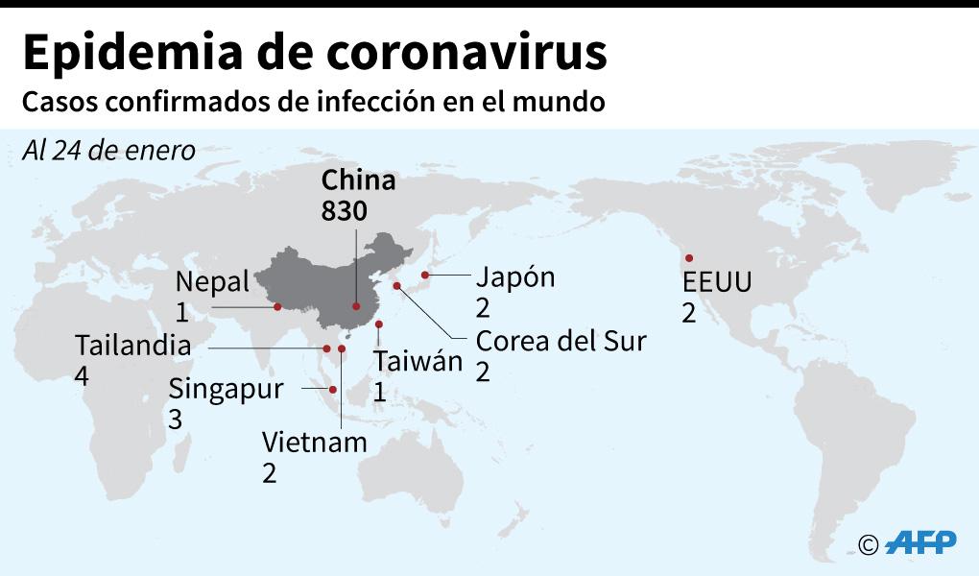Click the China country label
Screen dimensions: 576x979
click(358, 181)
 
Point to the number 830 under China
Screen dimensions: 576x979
click(344, 210)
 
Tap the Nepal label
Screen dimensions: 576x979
click(212, 282)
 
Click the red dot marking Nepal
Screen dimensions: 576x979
click(276, 307)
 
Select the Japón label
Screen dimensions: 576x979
click(515, 277)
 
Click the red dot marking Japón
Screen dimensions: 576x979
click(425, 276)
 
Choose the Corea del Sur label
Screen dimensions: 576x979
click(561, 341)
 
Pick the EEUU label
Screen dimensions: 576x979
click(716, 283)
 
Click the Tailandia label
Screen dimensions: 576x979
click(132, 346)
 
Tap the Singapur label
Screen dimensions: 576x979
click(226, 389)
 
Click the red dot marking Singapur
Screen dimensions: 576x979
click(333, 389)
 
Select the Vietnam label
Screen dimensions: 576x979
click(315, 443)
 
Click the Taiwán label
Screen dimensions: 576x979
click(418, 363)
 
